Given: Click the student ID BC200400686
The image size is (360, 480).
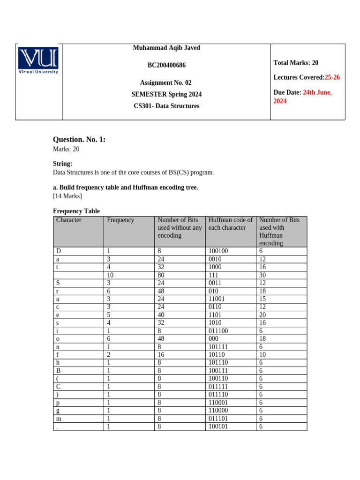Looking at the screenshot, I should (x=166, y=65).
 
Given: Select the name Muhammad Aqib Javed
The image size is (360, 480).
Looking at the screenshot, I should (x=166, y=48).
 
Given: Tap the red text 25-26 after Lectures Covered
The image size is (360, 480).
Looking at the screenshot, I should (x=332, y=77).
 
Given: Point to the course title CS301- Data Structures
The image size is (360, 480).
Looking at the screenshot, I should (x=166, y=106).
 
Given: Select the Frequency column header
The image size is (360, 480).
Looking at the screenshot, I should (x=120, y=220).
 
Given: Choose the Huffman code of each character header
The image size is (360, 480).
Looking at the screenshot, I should (x=230, y=224).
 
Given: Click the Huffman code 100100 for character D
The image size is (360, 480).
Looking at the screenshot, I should (x=218, y=251).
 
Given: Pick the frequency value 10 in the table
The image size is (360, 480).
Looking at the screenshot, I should (x=111, y=276).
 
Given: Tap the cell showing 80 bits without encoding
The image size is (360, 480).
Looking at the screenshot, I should (x=161, y=276).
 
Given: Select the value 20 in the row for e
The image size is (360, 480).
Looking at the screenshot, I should (x=262, y=315).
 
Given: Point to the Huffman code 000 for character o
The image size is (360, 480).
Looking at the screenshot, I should (x=214, y=339).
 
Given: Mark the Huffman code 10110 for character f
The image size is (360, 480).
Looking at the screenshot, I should (x=217, y=354).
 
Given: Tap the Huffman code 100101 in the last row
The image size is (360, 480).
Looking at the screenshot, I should (x=218, y=427).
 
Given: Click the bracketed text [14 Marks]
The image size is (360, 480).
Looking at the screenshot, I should (x=67, y=196).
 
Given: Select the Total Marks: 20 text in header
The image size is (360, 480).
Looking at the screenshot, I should (x=296, y=63).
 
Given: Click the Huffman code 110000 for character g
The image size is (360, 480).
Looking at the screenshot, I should (x=218, y=410).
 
